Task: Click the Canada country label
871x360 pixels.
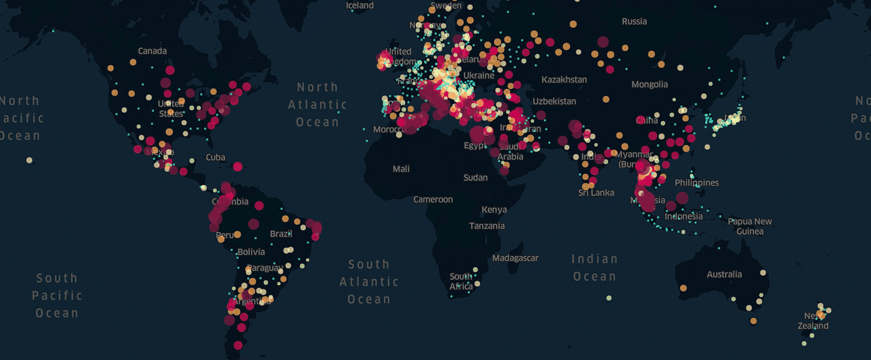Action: pyautogui.click(x=152, y=51)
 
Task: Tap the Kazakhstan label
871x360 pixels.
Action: pyautogui.click(x=564, y=80)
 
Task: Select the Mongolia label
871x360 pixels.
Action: pyautogui.click(x=649, y=84)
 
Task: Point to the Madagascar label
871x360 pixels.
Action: pyautogui.click(x=515, y=258)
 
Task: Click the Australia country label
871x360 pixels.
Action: pyautogui.click(x=724, y=274)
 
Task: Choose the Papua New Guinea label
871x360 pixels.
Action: pyautogui.click(x=750, y=226)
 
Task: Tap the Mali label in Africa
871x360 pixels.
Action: pyautogui.click(x=401, y=169)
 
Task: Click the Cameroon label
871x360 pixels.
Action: pyautogui.click(x=433, y=199)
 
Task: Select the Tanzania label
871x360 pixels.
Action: pyautogui.click(x=487, y=226)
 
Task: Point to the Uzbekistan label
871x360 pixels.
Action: pyautogui.click(x=555, y=101)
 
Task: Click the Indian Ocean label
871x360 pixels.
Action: pyautogui.click(x=595, y=268)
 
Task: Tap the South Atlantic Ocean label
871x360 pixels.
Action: pyautogui.click(x=369, y=282)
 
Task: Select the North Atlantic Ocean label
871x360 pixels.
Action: pyautogui.click(x=317, y=105)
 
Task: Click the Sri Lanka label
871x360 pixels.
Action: pyautogui.click(x=596, y=193)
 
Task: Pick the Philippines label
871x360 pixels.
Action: pyautogui.click(x=697, y=183)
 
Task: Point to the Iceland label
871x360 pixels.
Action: pyautogui.click(x=360, y=5)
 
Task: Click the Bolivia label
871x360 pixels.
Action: pyautogui.click(x=251, y=252)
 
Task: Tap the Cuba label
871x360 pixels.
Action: pyautogui.click(x=215, y=157)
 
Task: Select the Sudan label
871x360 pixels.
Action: pyautogui.click(x=476, y=178)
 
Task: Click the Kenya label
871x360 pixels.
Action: pyautogui.click(x=494, y=210)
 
